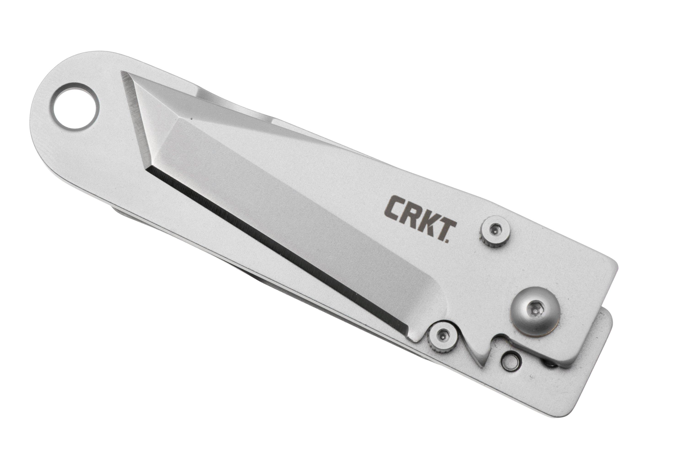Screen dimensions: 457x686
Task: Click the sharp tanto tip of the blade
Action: [x=124, y=73]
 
